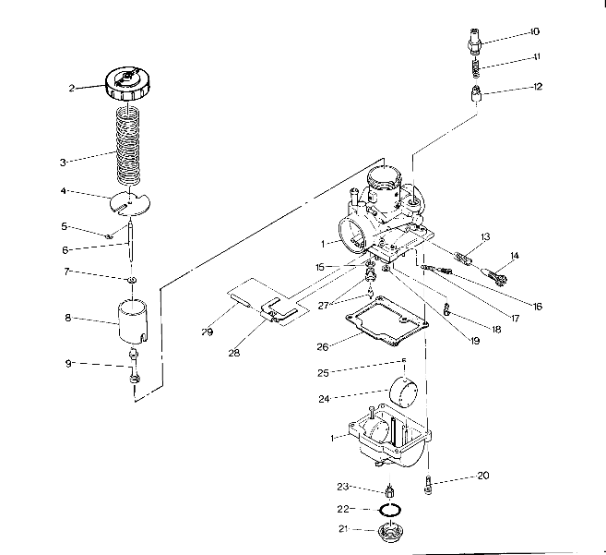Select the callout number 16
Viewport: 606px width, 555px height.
(538, 306)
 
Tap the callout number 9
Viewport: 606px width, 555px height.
(69, 363)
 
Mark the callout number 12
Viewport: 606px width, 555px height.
(538, 87)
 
